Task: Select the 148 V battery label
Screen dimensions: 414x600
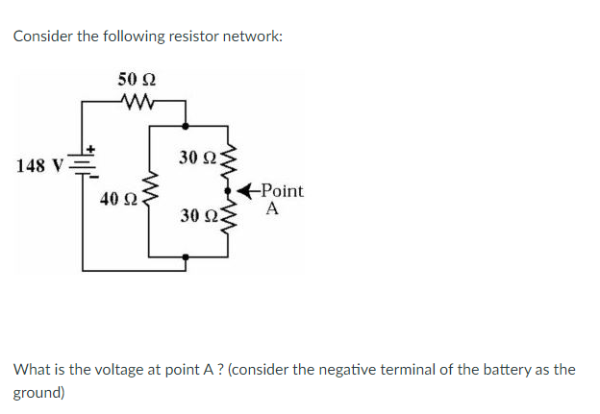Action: click(39, 165)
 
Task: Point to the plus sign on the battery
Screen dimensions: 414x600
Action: click(93, 149)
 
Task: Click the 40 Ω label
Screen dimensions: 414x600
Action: click(119, 200)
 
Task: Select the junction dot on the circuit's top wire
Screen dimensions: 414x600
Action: click(187, 124)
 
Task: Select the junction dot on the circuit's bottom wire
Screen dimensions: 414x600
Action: click(187, 256)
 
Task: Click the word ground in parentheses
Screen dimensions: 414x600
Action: click(37, 393)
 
